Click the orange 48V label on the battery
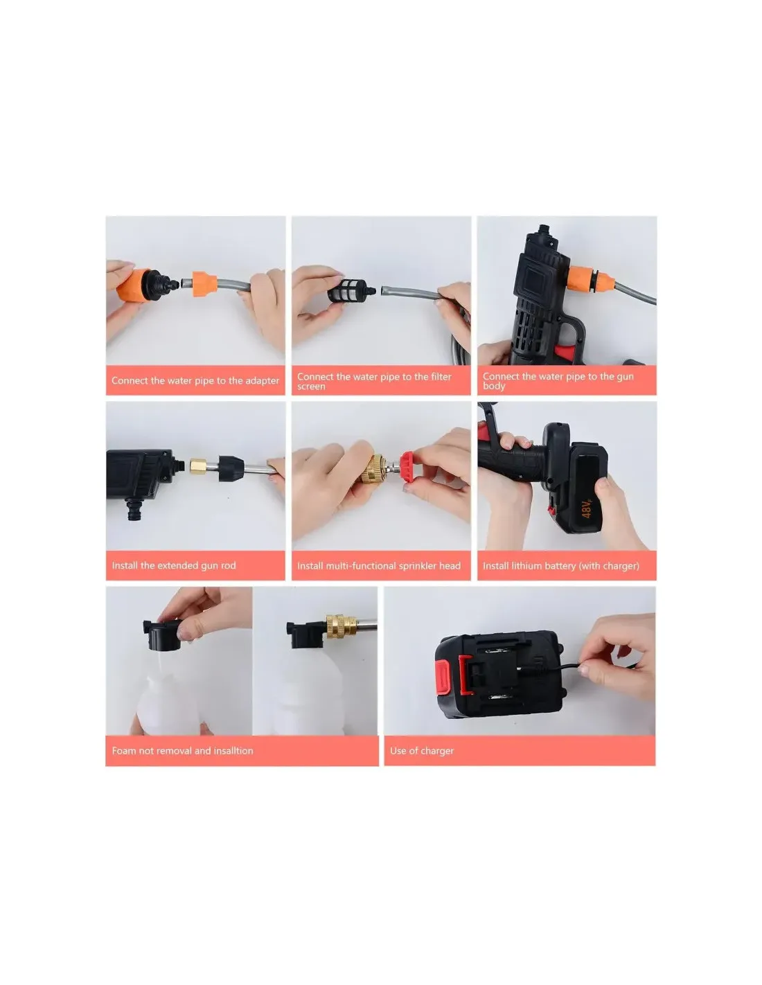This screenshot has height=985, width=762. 587,508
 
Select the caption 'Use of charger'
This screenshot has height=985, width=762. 422,751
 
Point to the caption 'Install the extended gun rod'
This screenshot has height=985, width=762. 174,565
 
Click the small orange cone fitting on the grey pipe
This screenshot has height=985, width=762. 204,284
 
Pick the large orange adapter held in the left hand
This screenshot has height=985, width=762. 134,286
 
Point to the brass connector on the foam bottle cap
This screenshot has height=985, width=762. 341,626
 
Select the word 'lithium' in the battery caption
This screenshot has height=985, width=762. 532,565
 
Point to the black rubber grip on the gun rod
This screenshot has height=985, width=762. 231,468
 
